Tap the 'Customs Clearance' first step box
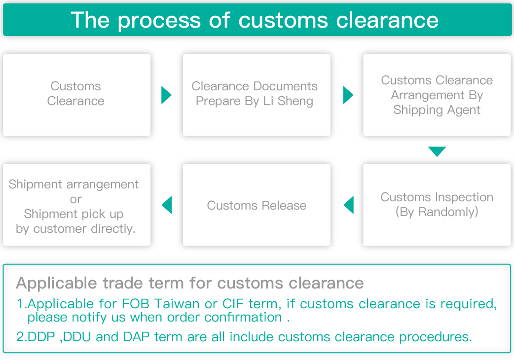click(76, 94)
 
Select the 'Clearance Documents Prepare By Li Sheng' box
click(255, 94)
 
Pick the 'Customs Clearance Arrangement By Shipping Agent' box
click(437, 95)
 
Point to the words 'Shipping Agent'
click(437, 110)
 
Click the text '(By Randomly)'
click(437, 212)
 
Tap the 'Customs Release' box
click(257, 205)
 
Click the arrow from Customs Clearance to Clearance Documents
click(166, 94)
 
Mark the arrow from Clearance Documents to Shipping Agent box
click(348, 94)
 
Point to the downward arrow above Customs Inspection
click(437, 151)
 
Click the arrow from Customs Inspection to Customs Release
click(349, 205)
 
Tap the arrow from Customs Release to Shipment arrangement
click(167, 205)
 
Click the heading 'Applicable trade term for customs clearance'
click(190, 283)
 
